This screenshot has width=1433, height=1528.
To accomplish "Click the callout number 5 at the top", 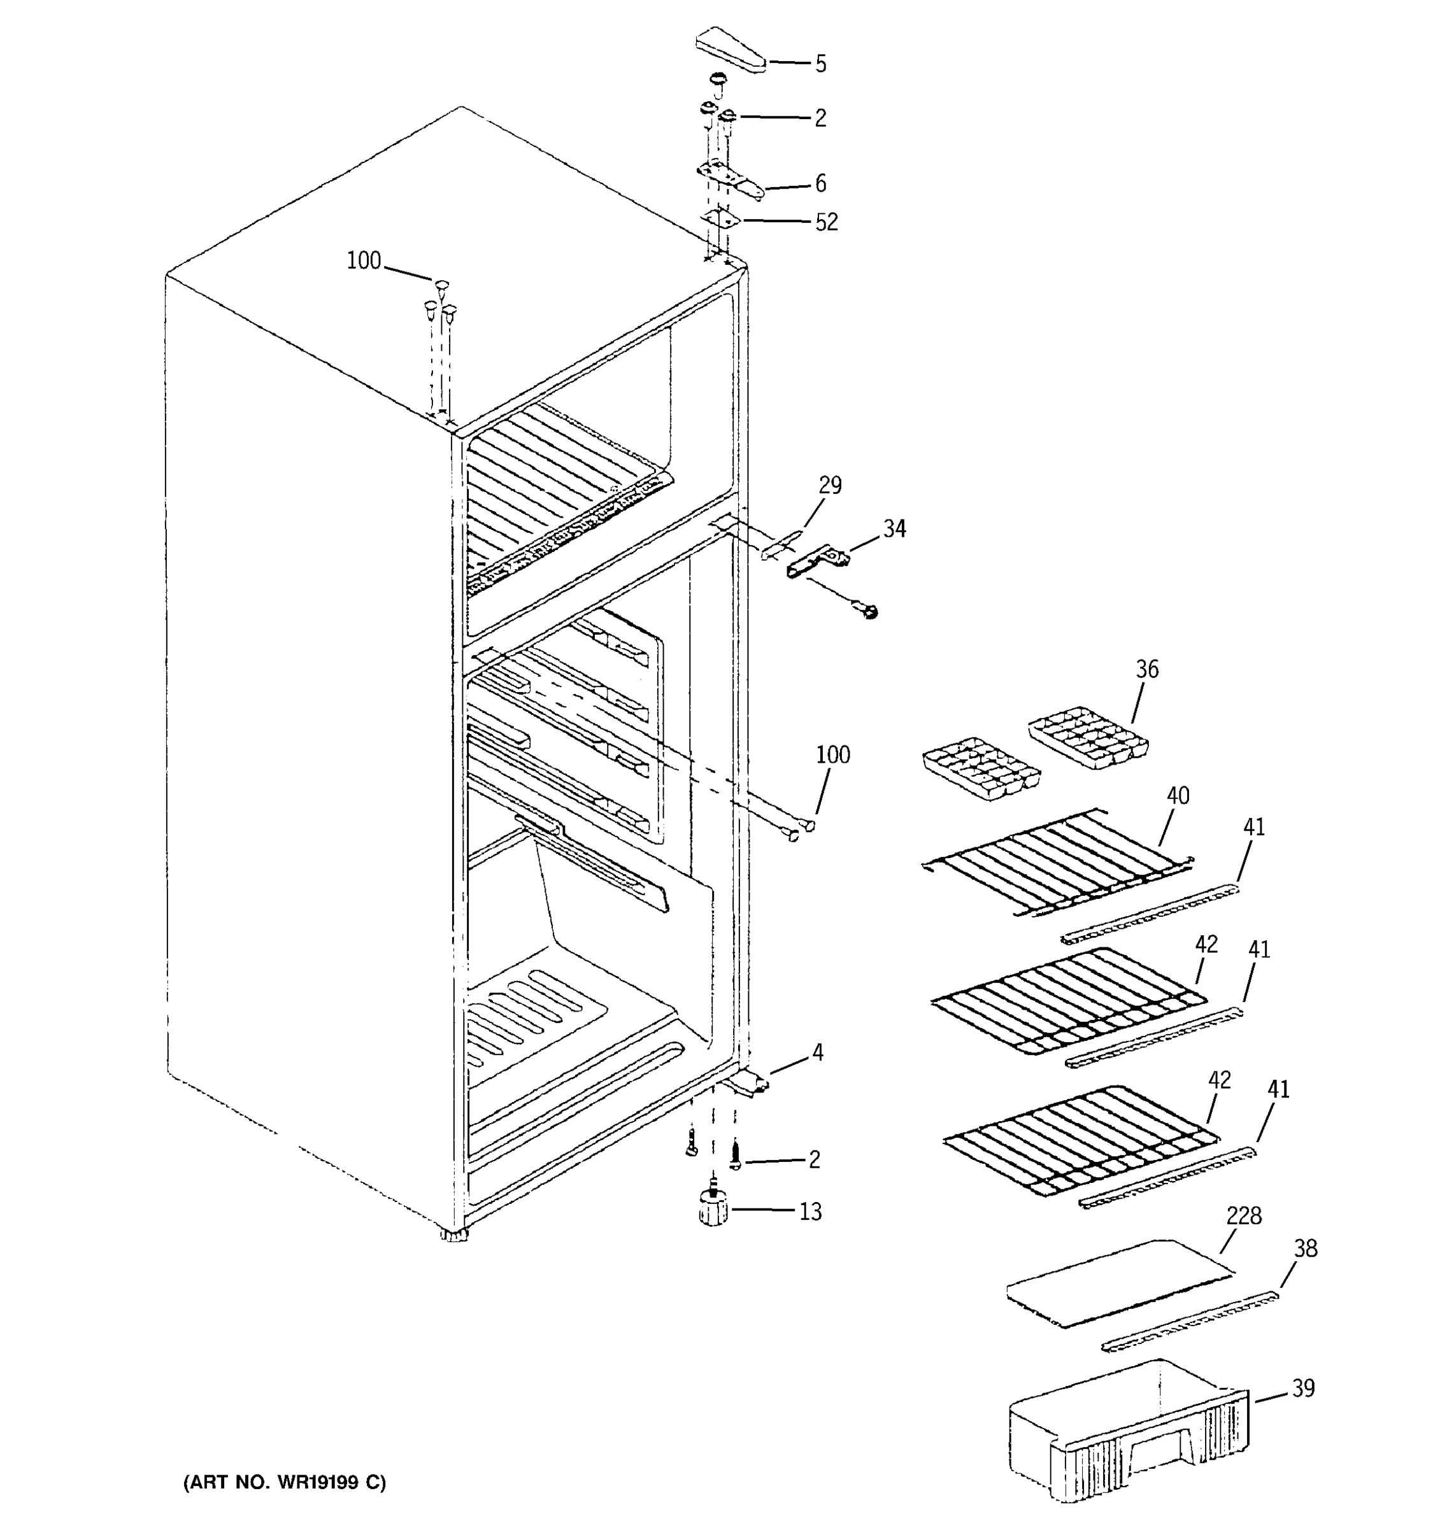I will pyautogui.click(x=821, y=64).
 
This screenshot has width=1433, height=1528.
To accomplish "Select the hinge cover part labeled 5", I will pyautogui.click(x=731, y=51).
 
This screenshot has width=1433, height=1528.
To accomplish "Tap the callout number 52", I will pyautogui.click(x=827, y=222).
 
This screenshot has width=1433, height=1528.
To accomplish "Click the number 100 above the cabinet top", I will pyautogui.click(x=364, y=261).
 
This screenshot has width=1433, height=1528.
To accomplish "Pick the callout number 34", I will pyautogui.click(x=894, y=529).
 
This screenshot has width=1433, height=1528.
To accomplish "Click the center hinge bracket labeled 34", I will pyautogui.click(x=817, y=560).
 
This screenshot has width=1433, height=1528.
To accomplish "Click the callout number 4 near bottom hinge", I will pyautogui.click(x=817, y=1052).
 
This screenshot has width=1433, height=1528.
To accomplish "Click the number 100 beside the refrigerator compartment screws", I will pyautogui.click(x=832, y=755).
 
